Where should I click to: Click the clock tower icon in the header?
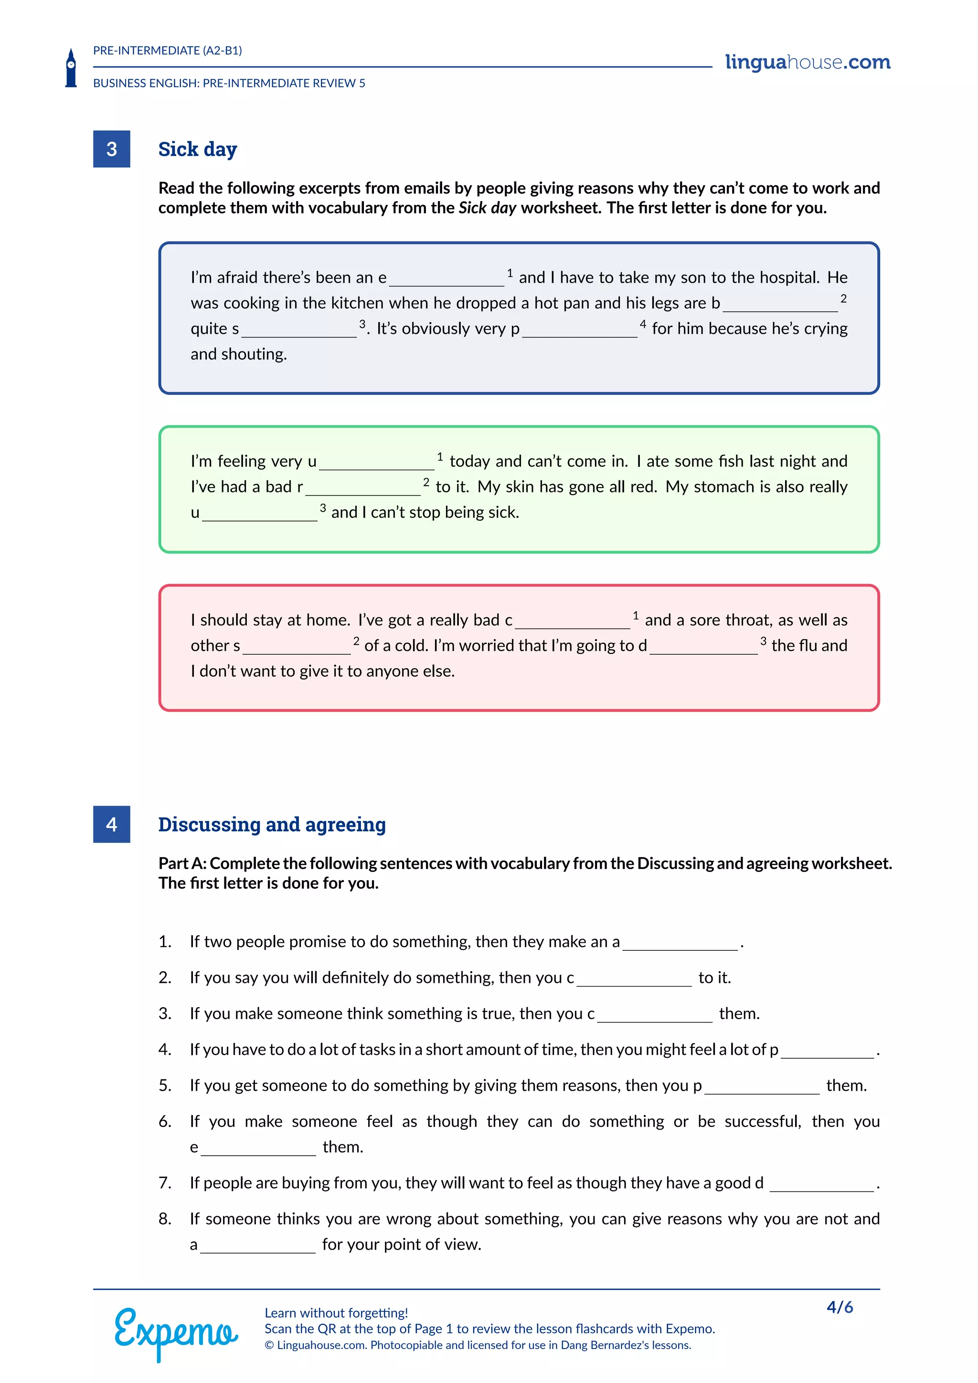(x=71, y=68)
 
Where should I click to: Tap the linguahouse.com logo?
(x=807, y=62)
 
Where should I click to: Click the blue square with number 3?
(x=111, y=149)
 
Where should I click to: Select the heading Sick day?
(x=198, y=149)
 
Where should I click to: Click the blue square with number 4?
(x=111, y=824)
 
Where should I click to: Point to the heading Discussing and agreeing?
(x=272, y=824)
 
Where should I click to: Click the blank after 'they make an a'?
(x=680, y=943)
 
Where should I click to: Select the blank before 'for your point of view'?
(x=258, y=1245)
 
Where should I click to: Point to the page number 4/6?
(x=840, y=1307)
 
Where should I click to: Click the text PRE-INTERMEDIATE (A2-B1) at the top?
(x=168, y=51)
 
